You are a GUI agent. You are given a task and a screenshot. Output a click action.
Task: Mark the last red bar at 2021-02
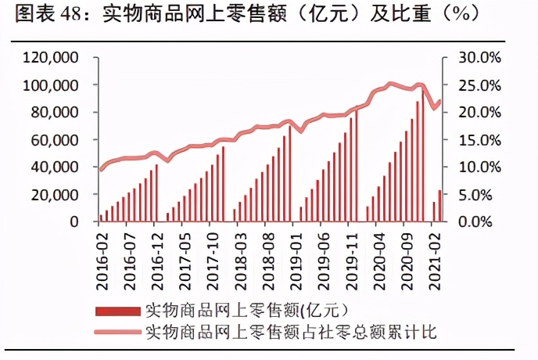click(439, 206)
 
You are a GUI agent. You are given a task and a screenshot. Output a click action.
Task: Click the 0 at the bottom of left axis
click(74, 221)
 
